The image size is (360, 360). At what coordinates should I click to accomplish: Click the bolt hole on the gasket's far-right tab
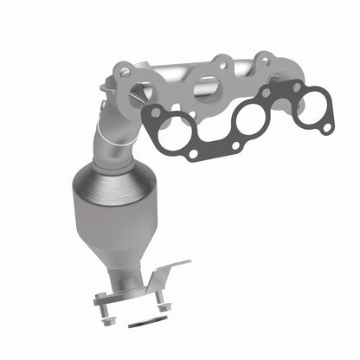[327, 126]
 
